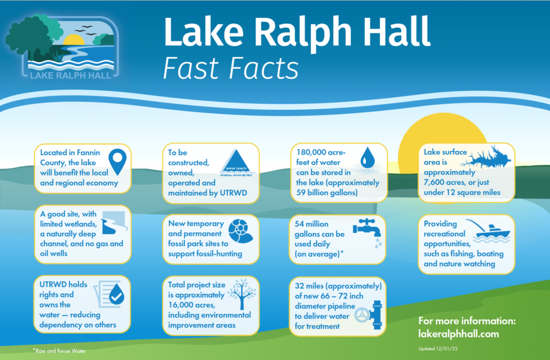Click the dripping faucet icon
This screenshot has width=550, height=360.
pyautogui.click(x=368, y=229)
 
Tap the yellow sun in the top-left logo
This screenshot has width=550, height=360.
pyautogui.click(x=74, y=40)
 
